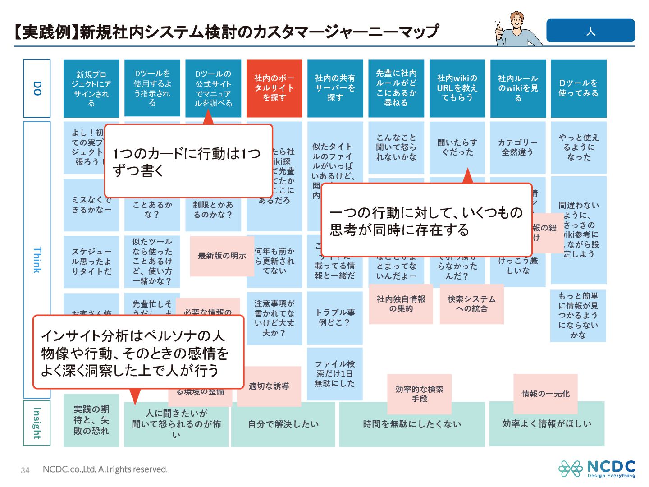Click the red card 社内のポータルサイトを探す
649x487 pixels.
point(274,88)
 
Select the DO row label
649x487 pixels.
point(37,88)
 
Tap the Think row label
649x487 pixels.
point(37,259)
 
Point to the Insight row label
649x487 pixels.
point(37,423)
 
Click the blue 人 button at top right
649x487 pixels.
point(590,31)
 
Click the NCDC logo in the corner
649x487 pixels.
point(597,469)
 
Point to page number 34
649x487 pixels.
point(25,470)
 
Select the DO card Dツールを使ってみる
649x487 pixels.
point(578,88)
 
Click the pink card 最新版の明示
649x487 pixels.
point(222,256)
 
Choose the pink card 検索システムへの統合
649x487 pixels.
point(471,303)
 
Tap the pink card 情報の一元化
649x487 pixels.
point(545,394)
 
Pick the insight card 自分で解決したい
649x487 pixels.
point(283,424)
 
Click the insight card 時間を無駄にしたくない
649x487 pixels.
point(412,424)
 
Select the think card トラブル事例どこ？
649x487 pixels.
point(335,317)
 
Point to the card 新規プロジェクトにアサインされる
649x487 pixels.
point(91,88)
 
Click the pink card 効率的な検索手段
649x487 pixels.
point(419,394)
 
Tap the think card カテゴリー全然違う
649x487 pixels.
point(517,147)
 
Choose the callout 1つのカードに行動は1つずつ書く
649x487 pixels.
point(188,161)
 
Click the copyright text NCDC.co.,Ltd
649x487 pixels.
point(105,469)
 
